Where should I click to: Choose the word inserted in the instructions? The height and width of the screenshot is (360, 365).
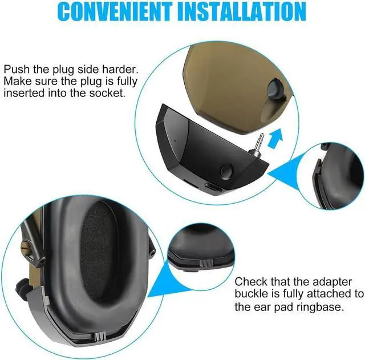click(25, 92)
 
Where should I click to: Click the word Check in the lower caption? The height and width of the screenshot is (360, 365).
click(250, 281)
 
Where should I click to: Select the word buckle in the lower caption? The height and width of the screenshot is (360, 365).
click(253, 294)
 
